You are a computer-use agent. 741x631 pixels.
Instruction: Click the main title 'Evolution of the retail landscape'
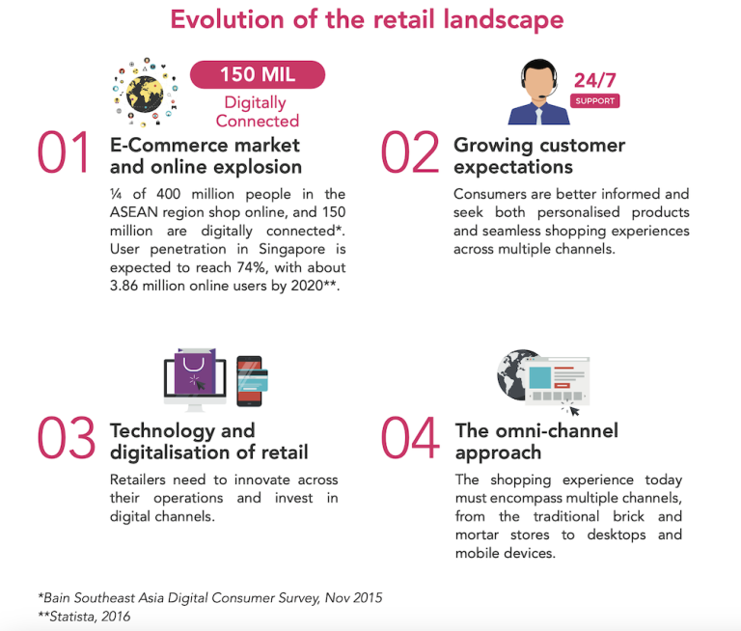click(x=368, y=20)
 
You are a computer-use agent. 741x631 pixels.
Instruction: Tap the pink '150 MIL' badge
click(x=258, y=74)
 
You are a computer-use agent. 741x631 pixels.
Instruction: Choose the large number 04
click(x=411, y=438)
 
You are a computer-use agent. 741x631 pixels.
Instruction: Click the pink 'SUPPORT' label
click(x=594, y=101)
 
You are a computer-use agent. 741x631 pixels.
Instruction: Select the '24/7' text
click(x=593, y=80)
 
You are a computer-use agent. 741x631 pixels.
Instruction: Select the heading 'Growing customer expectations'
click(x=539, y=156)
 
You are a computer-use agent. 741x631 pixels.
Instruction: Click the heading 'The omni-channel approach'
click(x=536, y=441)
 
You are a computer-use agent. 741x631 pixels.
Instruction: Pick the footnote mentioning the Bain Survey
click(x=210, y=597)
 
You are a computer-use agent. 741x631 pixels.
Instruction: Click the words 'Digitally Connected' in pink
click(x=258, y=111)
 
